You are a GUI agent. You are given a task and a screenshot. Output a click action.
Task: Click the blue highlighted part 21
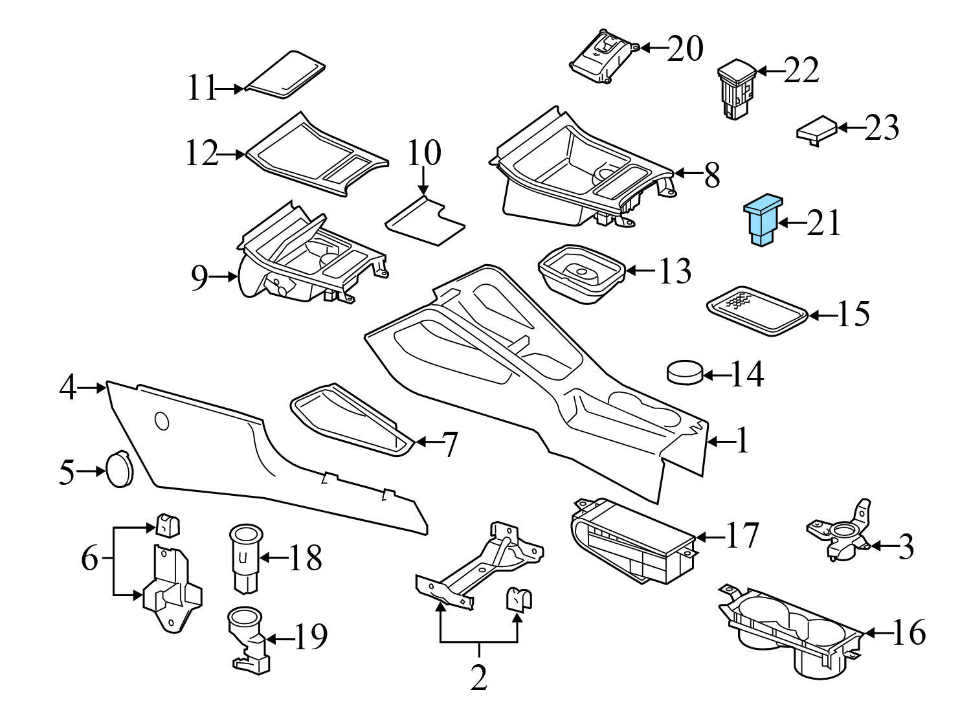pyautogui.click(x=762, y=221)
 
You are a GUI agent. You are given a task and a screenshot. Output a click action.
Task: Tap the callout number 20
pyautogui.click(x=684, y=49)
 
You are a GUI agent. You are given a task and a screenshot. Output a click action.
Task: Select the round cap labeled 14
pyautogui.click(x=684, y=372)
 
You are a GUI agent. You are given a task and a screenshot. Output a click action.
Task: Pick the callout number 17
pyautogui.click(x=741, y=535)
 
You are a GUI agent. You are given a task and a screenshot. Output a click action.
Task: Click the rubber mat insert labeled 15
pyautogui.click(x=757, y=312)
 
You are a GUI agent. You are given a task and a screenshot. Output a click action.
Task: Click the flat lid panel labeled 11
pyautogui.click(x=285, y=75)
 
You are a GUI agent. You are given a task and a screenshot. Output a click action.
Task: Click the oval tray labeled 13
pyautogui.click(x=581, y=274)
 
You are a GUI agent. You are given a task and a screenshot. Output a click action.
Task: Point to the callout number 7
pyautogui.click(x=449, y=444)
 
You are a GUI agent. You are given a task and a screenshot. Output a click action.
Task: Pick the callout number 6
pyautogui.click(x=91, y=558)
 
